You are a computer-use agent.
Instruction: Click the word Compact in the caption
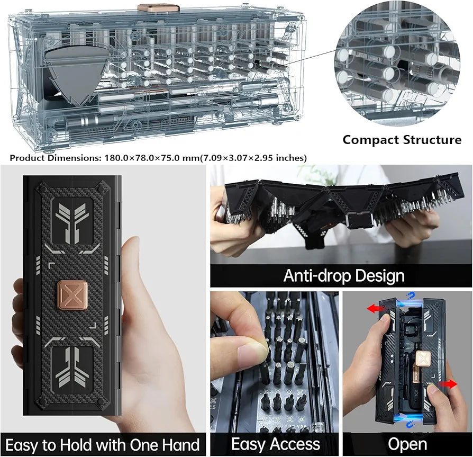pos(371,140)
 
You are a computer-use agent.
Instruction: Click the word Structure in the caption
pos(432,140)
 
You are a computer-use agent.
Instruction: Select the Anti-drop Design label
pos(343,275)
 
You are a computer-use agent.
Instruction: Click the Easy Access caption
pos(276,444)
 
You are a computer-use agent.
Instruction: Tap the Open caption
pos(407,444)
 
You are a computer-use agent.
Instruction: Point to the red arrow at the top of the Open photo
pos(376,309)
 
